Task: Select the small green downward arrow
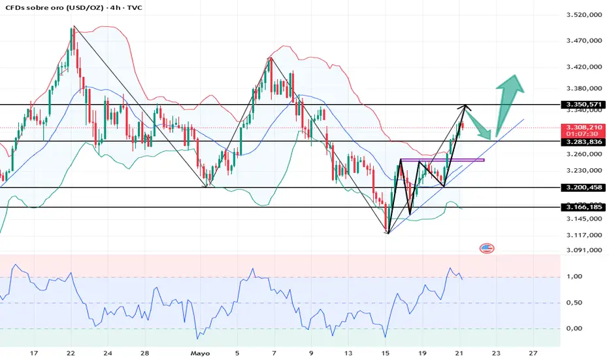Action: [x=481, y=126]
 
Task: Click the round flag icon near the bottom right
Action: [x=487, y=248]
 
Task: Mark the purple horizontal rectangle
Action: [x=442, y=160]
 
